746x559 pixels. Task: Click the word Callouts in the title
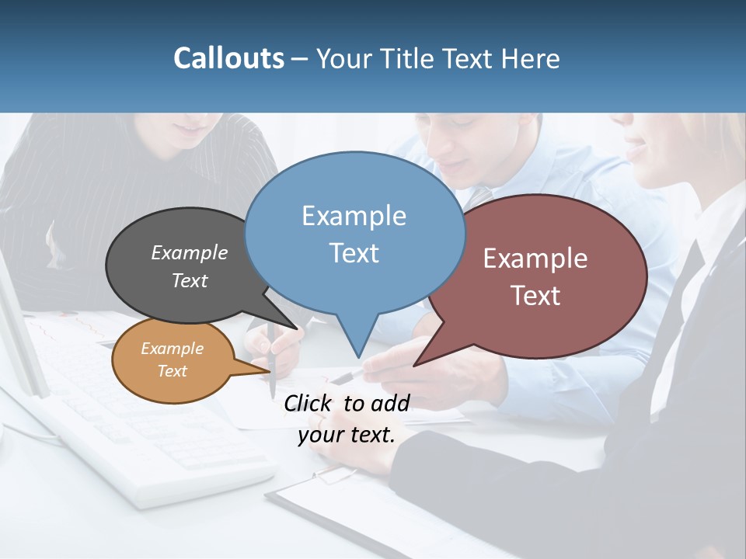coord(228,58)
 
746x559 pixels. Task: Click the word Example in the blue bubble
coord(354,216)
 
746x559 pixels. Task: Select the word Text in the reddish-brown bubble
coord(535,296)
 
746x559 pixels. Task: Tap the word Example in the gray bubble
coord(190,252)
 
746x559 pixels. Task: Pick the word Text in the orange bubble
coord(173,371)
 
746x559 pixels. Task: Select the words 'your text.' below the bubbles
coord(347,436)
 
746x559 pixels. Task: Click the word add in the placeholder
coord(389,403)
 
